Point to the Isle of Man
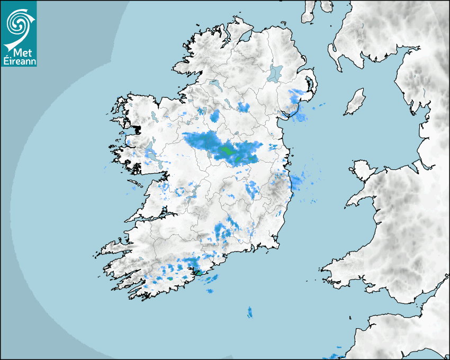tap(355, 103)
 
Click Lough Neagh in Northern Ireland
tap(275, 73)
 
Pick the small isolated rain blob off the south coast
tap(250, 312)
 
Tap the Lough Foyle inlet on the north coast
tap(244, 37)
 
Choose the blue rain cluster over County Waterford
tap(224, 231)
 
